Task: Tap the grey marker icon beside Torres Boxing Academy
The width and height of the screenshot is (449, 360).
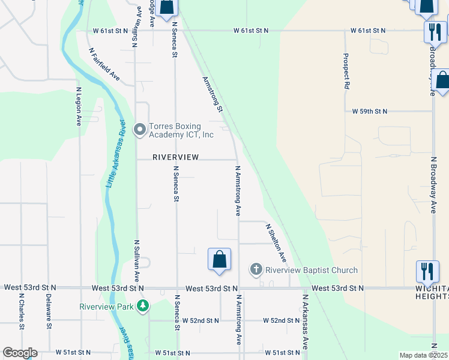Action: (x=140, y=129)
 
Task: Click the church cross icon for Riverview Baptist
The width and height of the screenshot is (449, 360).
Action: (x=256, y=269)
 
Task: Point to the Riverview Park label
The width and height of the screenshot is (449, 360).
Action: (x=107, y=306)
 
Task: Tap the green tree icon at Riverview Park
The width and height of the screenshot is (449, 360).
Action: (x=142, y=306)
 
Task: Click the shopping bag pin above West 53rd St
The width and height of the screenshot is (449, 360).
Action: (x=220, y=260)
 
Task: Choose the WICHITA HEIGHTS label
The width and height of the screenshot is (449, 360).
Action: (x=432, y=292)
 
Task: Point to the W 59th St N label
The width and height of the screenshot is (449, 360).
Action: (x=369, y=112)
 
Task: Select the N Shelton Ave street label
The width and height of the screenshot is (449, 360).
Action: (x=276, y=242)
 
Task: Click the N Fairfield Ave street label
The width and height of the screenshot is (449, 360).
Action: (x=105, y=65)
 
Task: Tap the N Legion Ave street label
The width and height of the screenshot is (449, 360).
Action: (x=79, y=106)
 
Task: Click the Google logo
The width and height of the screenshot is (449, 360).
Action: (x=20, y=353)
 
